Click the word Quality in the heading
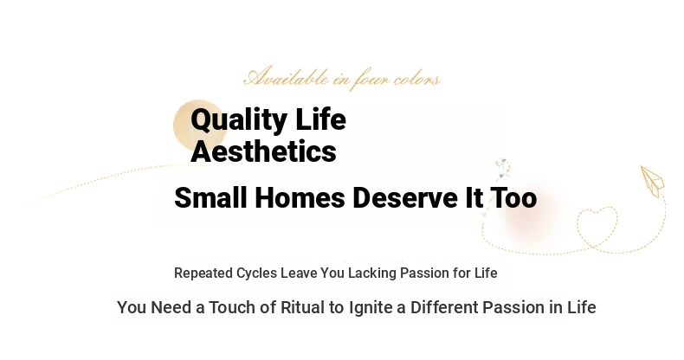239,120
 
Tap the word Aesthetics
263,151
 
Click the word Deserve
405,197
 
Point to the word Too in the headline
513,197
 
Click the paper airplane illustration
652,181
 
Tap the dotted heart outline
597,227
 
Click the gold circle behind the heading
200,125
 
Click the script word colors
416,80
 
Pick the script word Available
287,77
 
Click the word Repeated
203,273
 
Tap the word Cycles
256,273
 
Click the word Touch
233,307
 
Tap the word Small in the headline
210,197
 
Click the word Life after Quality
320,119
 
